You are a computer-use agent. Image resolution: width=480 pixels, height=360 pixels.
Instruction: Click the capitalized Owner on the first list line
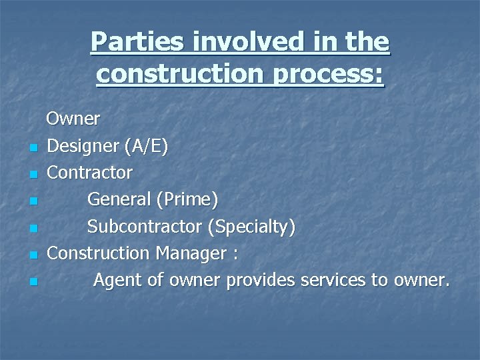tap(73, 119)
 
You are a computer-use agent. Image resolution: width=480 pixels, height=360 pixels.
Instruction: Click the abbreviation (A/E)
tap(147, 146)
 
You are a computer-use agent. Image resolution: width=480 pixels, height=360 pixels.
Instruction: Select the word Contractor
tap(90, 173)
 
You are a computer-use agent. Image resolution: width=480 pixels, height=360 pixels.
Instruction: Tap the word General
tap(117, 199)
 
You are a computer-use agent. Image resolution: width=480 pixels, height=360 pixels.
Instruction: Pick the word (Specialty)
tap(251, 227)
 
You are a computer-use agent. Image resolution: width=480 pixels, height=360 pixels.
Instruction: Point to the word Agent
tap(117, 281)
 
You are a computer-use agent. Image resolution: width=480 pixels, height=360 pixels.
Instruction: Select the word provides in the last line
tap(261, 281)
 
